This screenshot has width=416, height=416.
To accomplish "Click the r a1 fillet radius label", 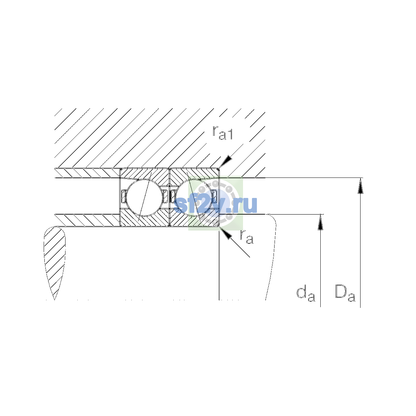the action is pos(222,132).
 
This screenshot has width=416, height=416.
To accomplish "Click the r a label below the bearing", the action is pos(246,237).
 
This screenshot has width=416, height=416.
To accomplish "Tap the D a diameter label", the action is pos(345,293).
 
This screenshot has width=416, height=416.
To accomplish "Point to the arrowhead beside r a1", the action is pos(226,162).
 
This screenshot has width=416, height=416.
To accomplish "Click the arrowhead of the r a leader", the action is pos(226,233).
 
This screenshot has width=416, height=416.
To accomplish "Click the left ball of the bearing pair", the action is pos(145,198).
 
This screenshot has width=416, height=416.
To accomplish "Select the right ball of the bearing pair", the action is pos(194,198).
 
